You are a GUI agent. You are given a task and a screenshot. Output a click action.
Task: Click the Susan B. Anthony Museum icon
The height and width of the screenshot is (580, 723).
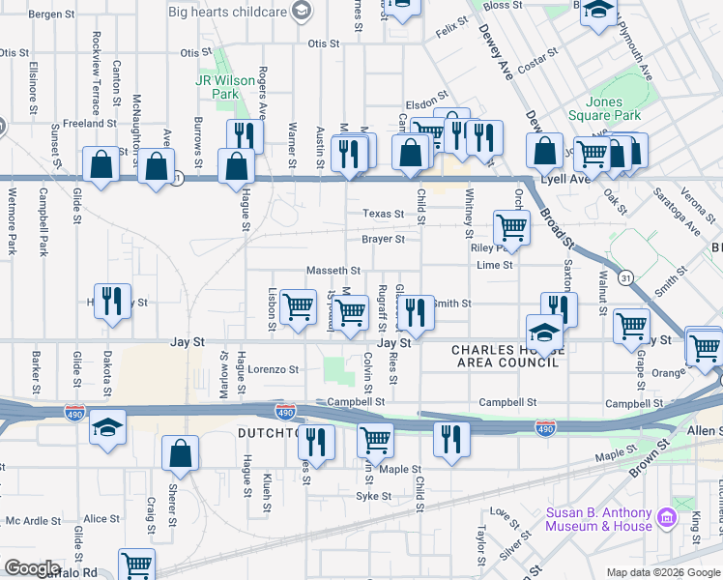click(x=665, y=519)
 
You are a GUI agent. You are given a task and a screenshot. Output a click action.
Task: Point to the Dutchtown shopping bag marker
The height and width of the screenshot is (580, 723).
click(x=181, y=455)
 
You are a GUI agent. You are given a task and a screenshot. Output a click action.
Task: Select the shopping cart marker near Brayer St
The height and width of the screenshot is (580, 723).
click(x=510, y=229)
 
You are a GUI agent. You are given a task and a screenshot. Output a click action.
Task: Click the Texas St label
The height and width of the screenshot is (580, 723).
click(x=383, y=214)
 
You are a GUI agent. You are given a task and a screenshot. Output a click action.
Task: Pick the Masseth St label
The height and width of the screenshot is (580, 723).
click(x=333, y=271)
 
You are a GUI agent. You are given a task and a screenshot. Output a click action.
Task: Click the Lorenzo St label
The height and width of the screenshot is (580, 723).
click(x=274, y=369)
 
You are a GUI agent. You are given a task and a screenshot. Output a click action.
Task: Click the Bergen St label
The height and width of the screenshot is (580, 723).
click(x=51, y=14)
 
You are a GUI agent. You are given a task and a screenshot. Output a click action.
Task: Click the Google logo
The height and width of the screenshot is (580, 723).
click(x=32, y=568)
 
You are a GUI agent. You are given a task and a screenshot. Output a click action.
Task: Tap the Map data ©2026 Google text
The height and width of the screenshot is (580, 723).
click(x=662, y=572)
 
